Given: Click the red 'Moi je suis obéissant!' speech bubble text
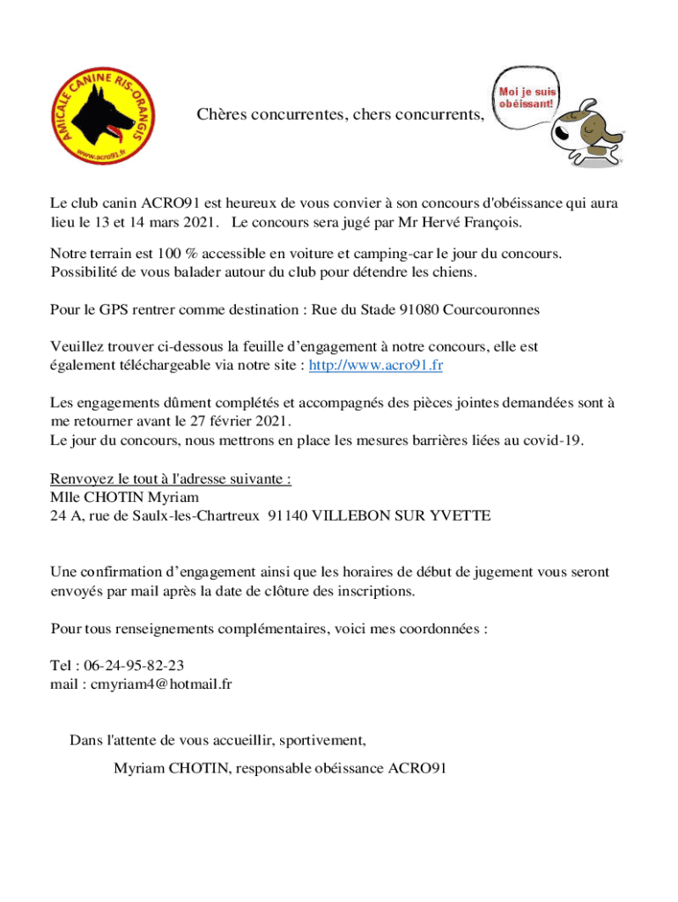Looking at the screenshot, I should (526, 97).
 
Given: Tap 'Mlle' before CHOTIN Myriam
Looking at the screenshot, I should (65, 498).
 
